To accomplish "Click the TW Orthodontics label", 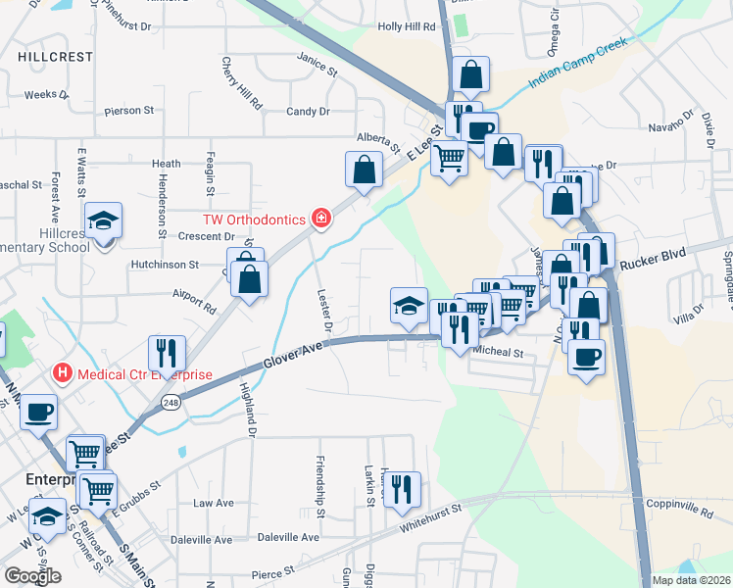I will point(254,220).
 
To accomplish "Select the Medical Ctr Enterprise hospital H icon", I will point(63,373).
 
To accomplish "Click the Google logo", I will point(32,576).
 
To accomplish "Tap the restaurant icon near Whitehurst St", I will point(400,488).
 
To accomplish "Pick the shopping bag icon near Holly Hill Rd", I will point(470,74).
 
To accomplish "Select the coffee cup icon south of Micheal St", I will point(585,357).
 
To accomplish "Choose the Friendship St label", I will point(319,479).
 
